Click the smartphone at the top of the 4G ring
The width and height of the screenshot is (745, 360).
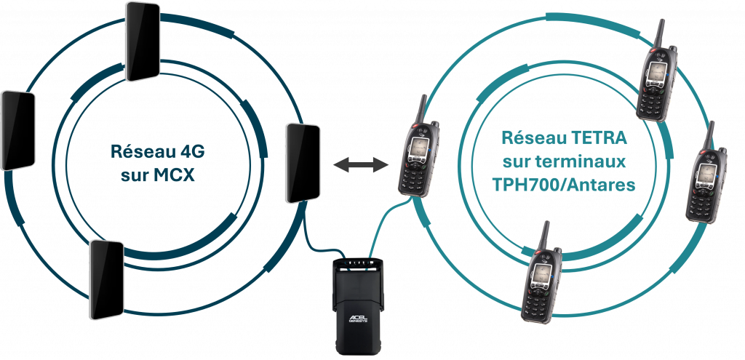click(142, 40)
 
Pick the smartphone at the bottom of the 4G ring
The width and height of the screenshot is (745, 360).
click(106, 279)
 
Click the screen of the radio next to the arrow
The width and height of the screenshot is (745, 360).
click(418, 148)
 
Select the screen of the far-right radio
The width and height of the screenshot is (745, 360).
click(702, 175)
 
